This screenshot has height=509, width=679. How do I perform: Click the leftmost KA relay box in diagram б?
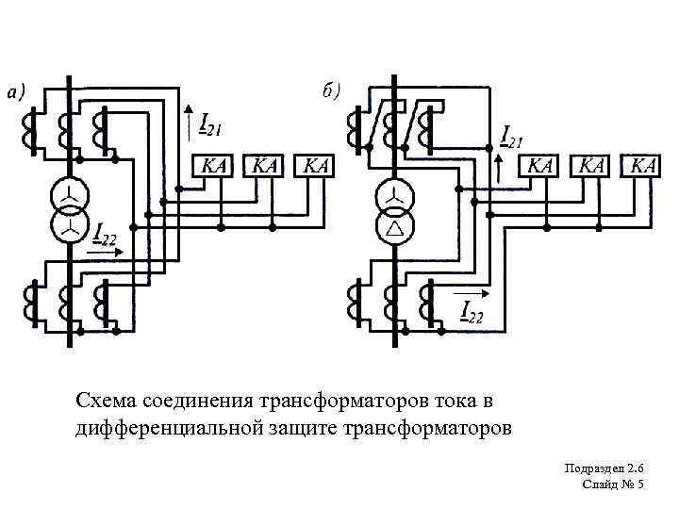pos(541,165)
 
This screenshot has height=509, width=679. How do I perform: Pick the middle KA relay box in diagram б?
pos(592,165)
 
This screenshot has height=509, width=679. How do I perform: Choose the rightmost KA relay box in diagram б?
pos(643,165)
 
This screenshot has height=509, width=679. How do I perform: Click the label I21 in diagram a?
pos(209,123)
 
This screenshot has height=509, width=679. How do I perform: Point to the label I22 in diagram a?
pos(103,230)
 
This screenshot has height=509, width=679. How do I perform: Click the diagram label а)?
pos(16,92)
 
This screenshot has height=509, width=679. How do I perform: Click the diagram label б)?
pos(331,90)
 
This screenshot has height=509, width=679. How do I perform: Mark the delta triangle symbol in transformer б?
pos(395,229)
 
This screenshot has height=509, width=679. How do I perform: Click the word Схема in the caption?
pos(110,402)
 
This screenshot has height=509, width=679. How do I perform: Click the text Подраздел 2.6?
pos(604,468)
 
